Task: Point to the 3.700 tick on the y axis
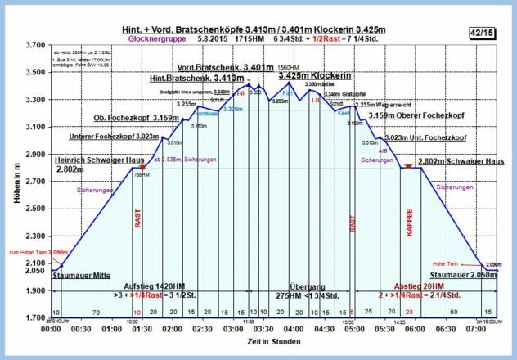pyautogui.click(x=34, y=45)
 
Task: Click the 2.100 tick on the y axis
pyautogui.click(x=34, y=263)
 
